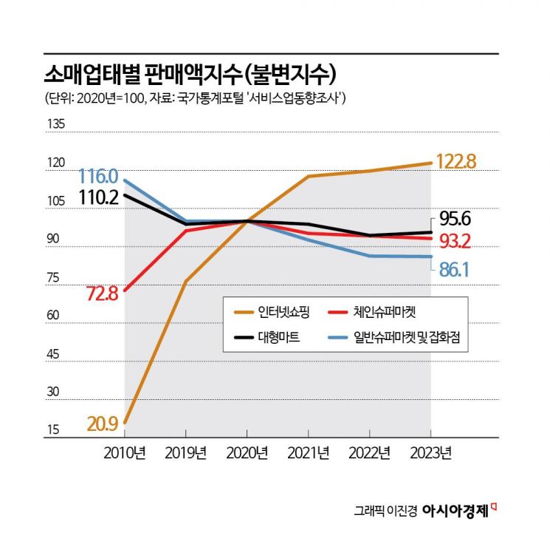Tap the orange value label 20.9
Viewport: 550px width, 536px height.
pyautogui.click(x=102, y=424)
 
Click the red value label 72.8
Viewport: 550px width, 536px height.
pyautogui.click(x=102, y=294)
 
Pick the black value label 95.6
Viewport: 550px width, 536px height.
pyautogui.click(x=455, y=219)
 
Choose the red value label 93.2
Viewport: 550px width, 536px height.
pyautogui.click(x=455, y=240)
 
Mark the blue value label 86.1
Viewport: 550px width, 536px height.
pyautogui.click(x=455, y=270)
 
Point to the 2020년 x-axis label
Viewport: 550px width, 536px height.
pyautogui.click(x=247, y=452)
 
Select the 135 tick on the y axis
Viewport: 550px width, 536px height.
pyautogui.click(x=55, y=125)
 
